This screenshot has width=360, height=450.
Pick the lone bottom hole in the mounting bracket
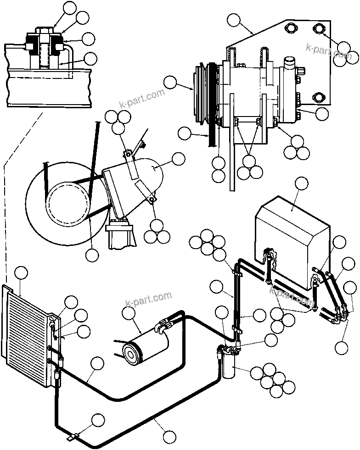tap(319, 98)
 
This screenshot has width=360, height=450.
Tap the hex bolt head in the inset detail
tap(44, 32)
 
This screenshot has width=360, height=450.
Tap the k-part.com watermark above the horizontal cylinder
tap(148, 299)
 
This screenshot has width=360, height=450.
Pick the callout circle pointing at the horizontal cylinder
tap(129, 313)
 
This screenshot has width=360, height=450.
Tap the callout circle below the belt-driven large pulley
tap(92, 255)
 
